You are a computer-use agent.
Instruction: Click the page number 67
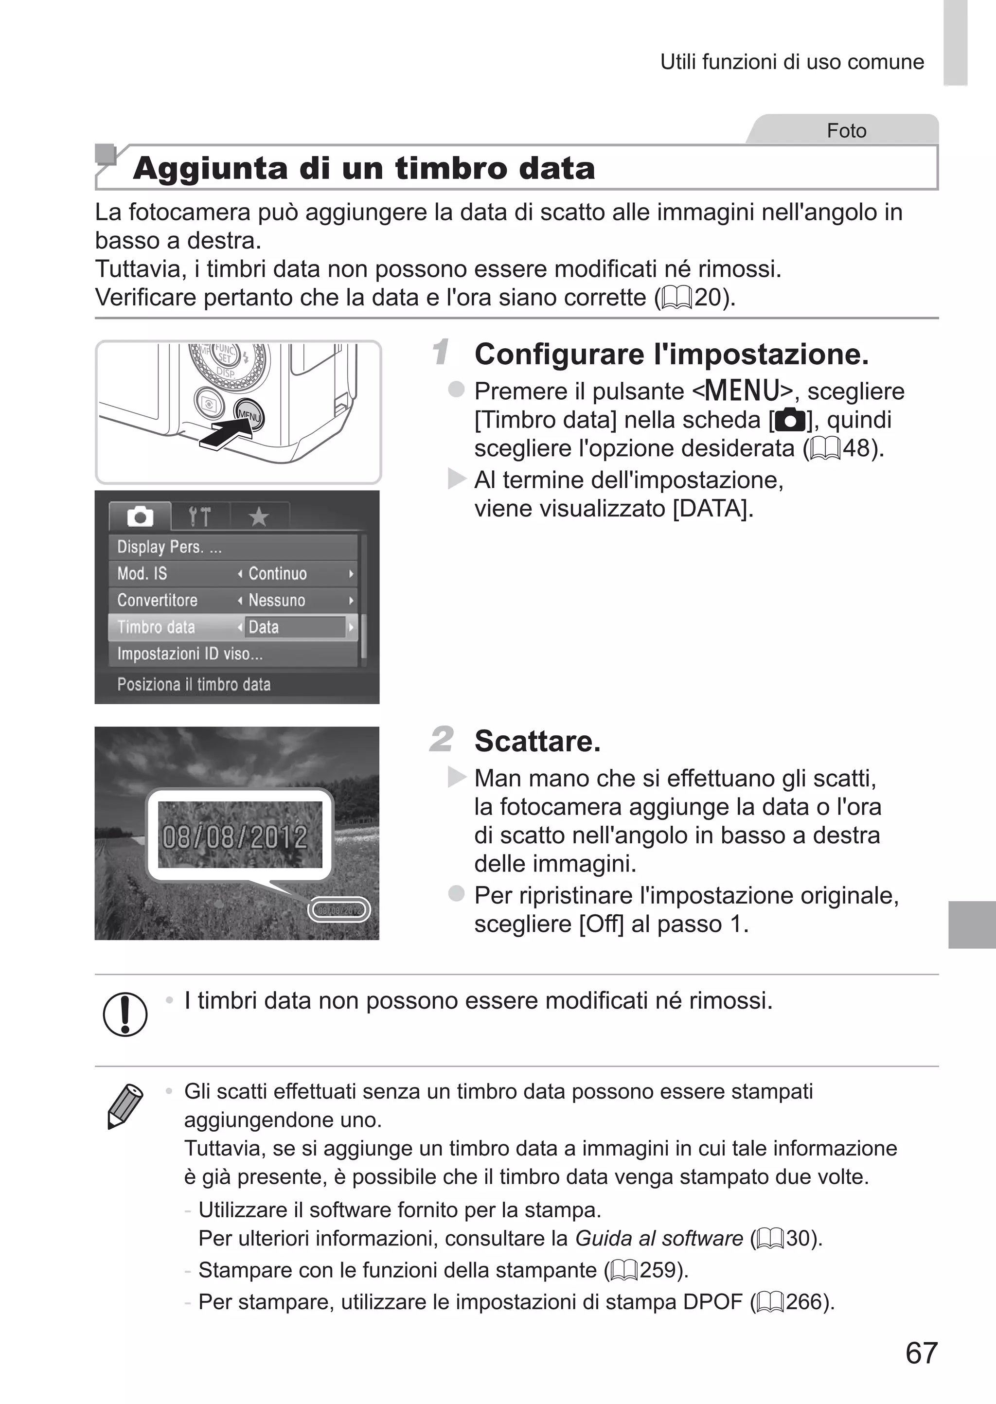[x=921, y=1353]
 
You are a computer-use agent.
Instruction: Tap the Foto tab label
[x=846, y=131]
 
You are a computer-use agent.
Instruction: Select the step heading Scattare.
[x=537, y=741]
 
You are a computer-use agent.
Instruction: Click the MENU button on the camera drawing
[x=249, y=415]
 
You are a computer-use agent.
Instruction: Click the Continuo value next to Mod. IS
[x=277, y=573]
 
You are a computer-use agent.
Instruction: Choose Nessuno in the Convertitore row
[x=277, y=600]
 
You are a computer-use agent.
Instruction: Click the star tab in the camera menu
[x=259, y=517]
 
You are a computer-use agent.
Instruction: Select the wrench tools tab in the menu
[x=199, y=517]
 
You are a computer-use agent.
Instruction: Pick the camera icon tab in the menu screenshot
[x=140, y=517]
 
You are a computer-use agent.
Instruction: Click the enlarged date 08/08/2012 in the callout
[x=235, y=837]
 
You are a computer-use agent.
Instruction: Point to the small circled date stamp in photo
[x=339, y=910]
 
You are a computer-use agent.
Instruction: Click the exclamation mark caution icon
[x=125, y=1014]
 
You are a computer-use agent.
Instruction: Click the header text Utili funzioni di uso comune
[x=792, y=62]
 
